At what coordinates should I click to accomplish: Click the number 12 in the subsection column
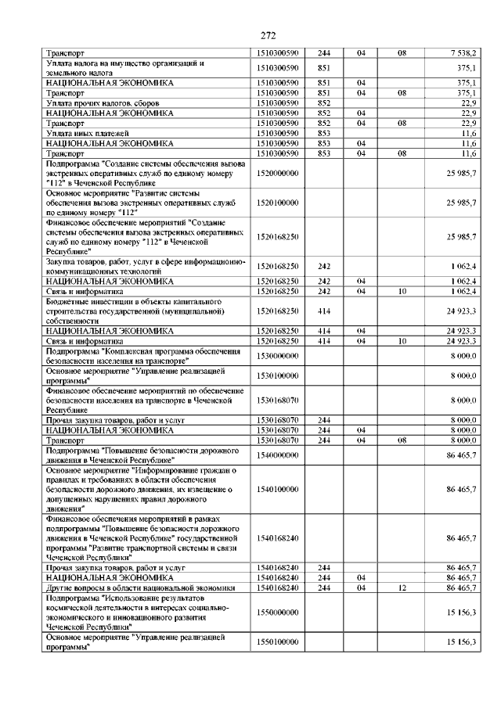pos(402,588)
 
